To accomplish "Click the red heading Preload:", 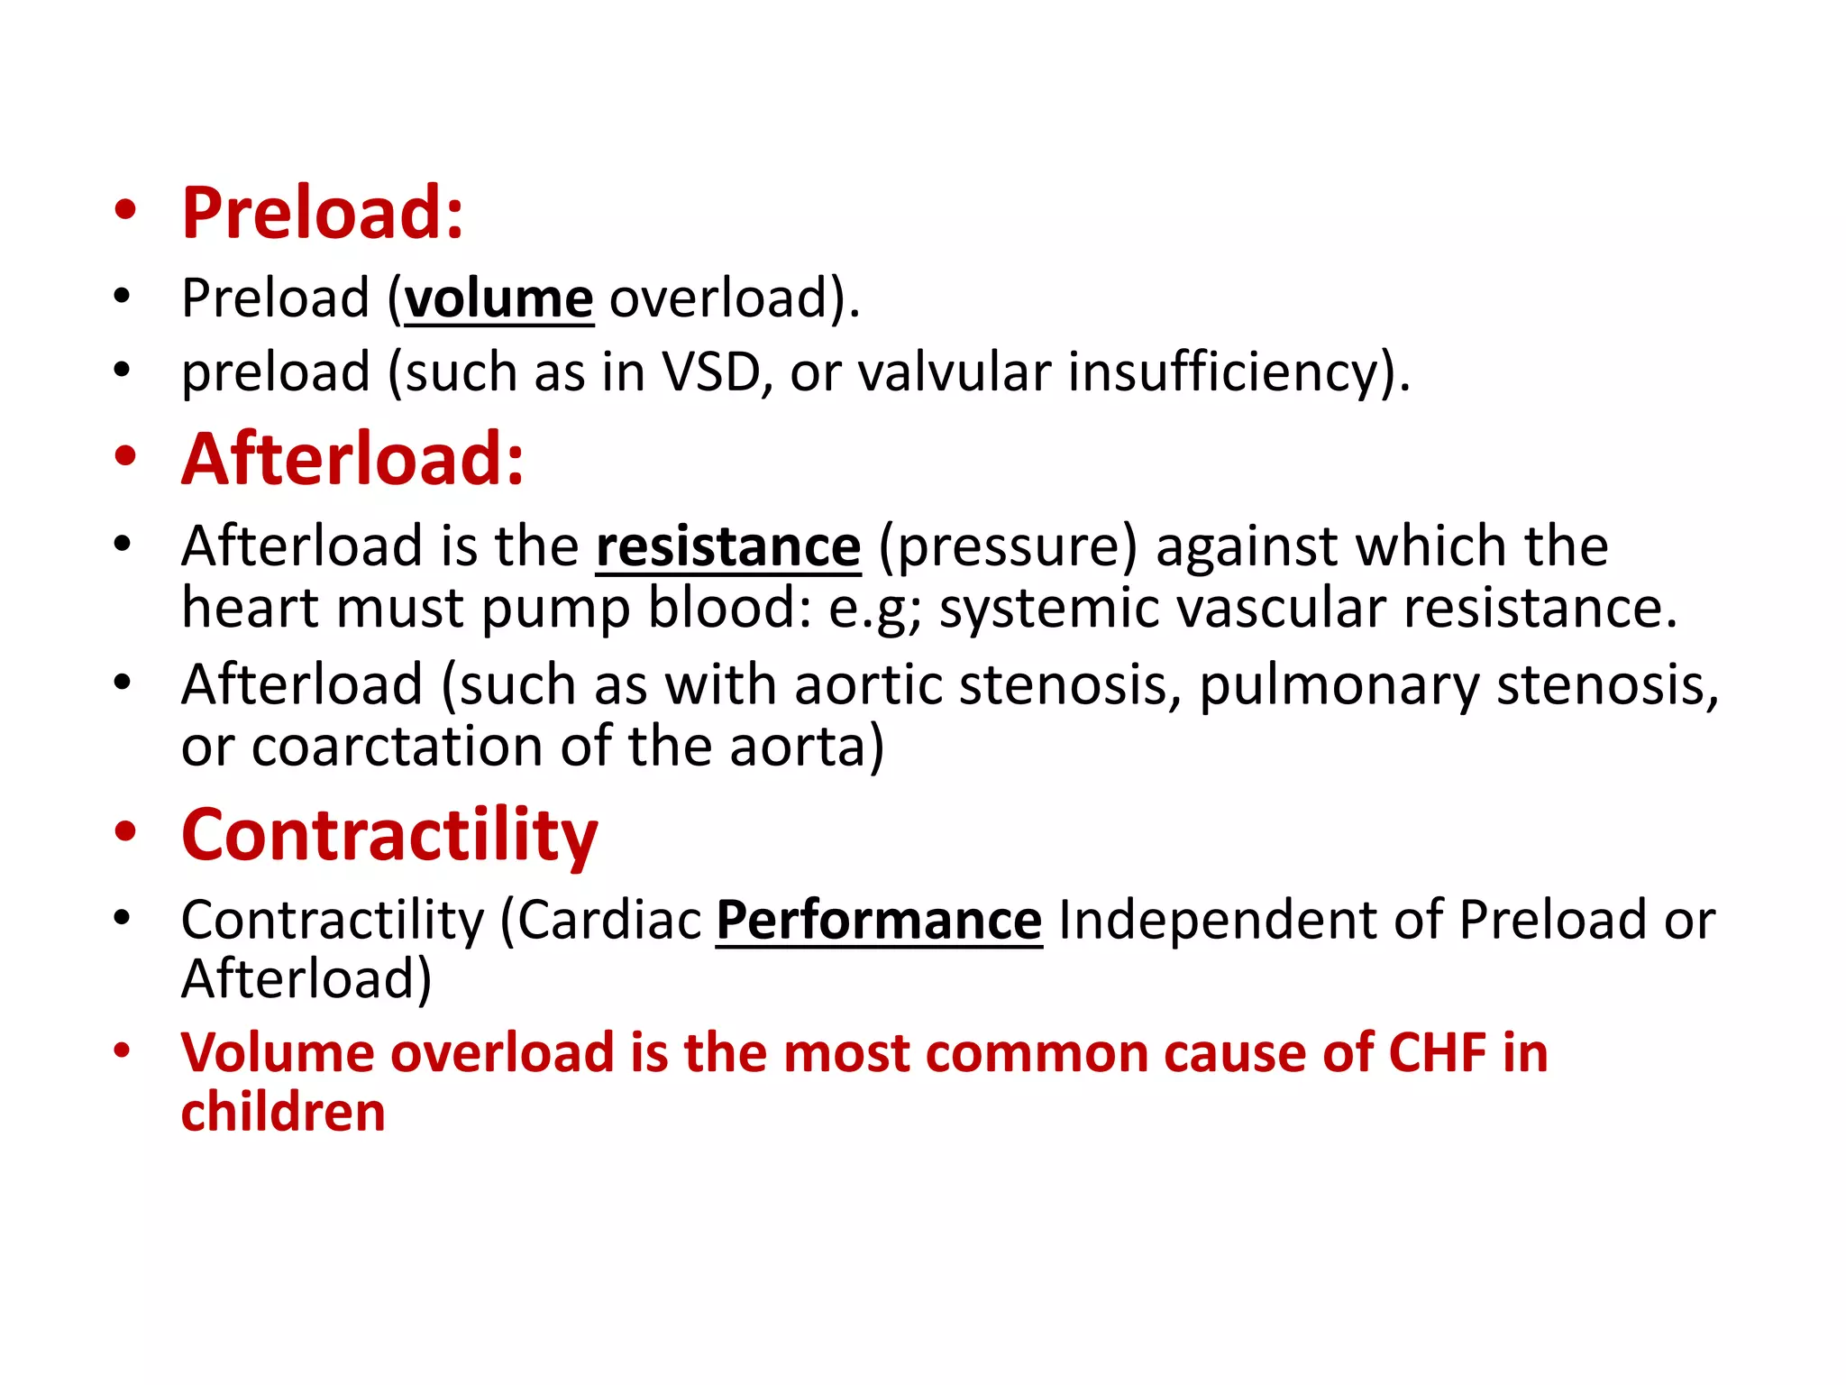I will (x=323, y=213).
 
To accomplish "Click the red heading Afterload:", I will (x=352, y=459).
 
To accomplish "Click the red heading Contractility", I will (x=389, y=834).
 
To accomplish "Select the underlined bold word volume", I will (x=498, y=298).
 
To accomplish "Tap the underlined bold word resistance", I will (x=728, y=546).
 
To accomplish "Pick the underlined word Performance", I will (x=879, y=920).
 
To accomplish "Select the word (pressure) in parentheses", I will (x=1008, y=546).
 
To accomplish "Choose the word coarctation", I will (x=398, y=747).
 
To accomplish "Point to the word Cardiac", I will (x=609, y=920).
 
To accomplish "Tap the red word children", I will (x=283, y=1112).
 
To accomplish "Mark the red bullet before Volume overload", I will (x=123, y=1050).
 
